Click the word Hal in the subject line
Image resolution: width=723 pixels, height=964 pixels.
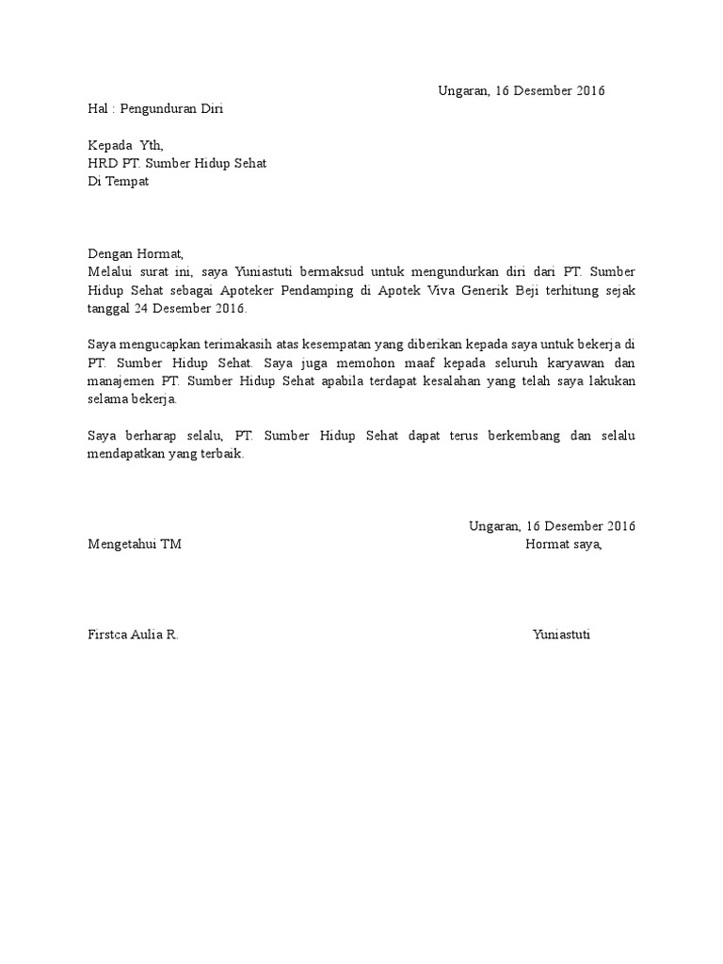point(98,108)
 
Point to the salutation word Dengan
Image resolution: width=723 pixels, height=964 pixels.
point(109,253)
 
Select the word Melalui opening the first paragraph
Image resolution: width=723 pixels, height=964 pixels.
point(110,271)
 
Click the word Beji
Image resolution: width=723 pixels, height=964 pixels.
point(530,290)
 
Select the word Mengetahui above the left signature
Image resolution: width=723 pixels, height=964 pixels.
point(122,544)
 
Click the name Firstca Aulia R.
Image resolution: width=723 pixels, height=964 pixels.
point(133,635)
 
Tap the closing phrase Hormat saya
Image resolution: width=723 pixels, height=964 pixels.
point(563,544)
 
